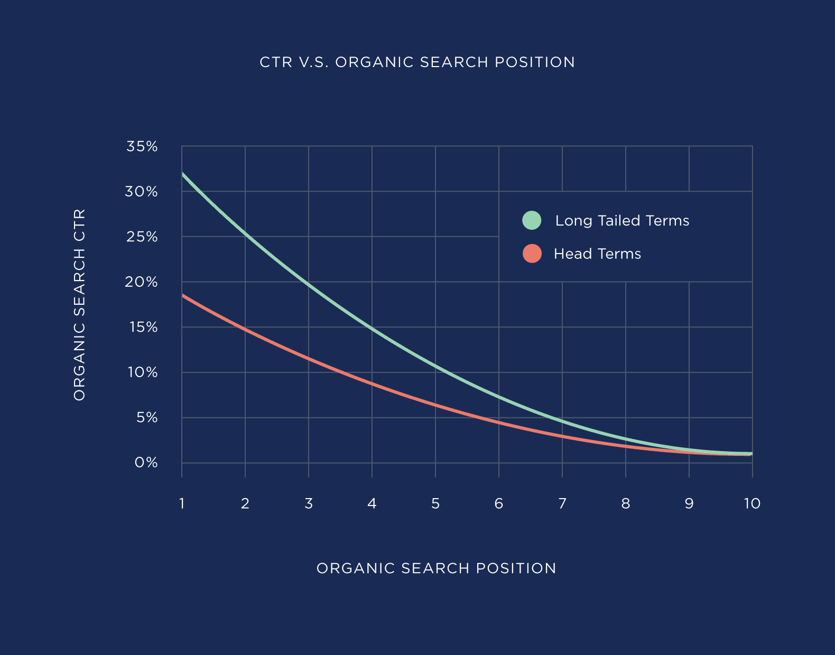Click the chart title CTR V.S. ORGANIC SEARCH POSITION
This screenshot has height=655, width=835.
417,62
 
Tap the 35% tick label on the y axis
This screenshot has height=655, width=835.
142,146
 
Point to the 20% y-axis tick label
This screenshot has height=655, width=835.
142,282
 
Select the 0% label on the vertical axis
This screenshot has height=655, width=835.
146,463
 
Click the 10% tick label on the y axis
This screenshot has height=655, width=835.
142,372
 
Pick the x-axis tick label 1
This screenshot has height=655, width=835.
182,503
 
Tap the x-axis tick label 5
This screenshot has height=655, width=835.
435,503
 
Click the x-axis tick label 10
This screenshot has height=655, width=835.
752,503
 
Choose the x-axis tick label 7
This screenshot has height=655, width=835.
562,503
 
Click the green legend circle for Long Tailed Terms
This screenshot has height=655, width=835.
532,220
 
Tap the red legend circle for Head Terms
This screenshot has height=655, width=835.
532,254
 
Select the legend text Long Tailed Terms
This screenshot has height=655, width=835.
622,221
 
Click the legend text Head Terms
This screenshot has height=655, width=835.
597,254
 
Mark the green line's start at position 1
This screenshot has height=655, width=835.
183,174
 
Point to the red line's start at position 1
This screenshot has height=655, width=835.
183,296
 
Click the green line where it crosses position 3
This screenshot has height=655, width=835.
309,285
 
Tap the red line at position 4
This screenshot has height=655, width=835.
372,384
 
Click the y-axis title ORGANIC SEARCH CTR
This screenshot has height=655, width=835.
79,305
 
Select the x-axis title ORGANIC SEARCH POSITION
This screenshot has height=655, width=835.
436,568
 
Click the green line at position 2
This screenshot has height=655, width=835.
245,232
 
